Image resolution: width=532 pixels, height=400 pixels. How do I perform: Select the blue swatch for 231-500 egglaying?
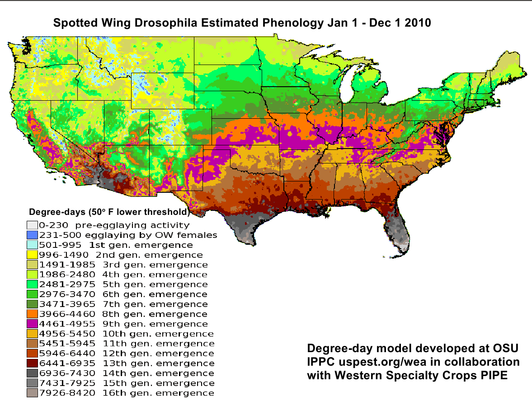32,235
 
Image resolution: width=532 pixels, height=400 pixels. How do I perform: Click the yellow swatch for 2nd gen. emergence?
32,255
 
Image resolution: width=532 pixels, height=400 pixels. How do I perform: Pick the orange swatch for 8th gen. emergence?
32,314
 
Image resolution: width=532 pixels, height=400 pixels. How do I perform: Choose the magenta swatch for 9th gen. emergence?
32,324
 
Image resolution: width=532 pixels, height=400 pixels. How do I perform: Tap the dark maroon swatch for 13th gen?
32,363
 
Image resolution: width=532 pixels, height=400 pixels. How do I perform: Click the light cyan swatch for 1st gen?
32,245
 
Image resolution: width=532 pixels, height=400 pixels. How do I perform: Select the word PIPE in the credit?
494,375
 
